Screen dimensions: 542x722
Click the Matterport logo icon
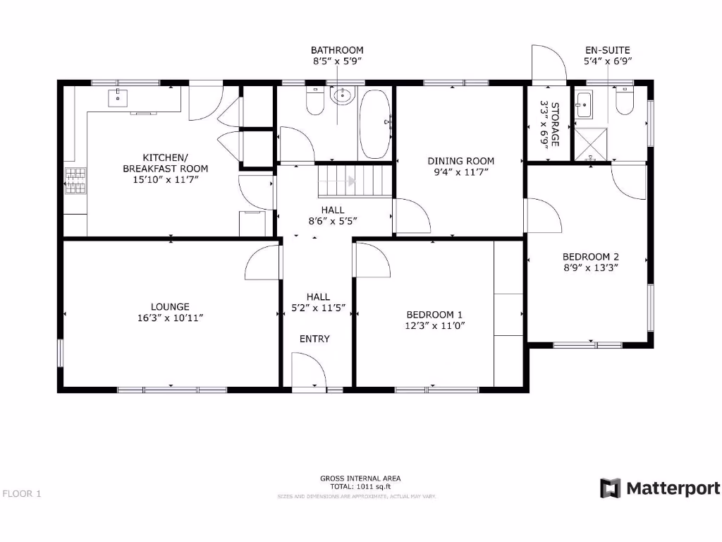611,488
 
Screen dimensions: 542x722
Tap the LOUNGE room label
170,306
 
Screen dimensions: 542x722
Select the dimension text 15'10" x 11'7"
165,180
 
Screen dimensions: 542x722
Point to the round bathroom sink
343,97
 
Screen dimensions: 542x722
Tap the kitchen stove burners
75,181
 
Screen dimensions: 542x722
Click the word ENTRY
314,339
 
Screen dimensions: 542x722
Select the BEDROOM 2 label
591,256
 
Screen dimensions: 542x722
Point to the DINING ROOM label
461,161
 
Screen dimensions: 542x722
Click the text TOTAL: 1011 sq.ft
360,487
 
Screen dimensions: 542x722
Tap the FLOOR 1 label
22,493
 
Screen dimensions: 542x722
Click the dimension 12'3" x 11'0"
435,325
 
